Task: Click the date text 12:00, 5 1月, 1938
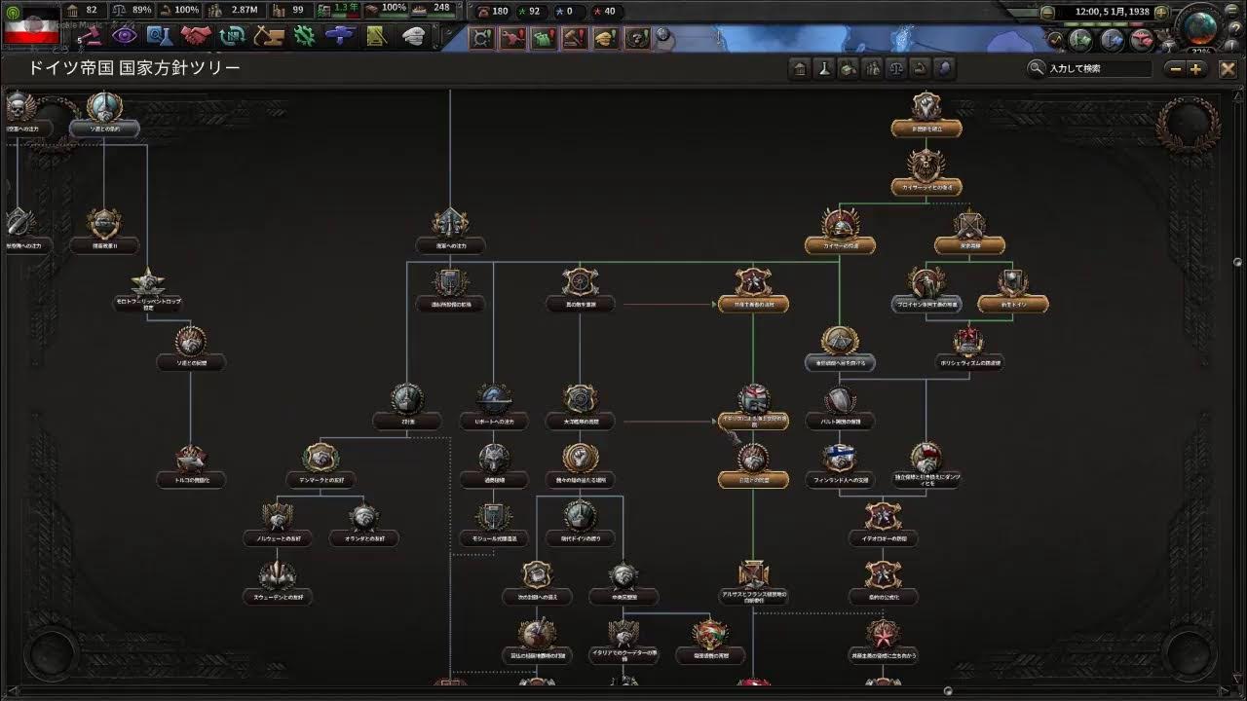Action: [1112, 12]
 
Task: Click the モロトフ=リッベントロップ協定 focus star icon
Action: [147, 282]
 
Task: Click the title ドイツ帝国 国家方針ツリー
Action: [134, 68]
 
